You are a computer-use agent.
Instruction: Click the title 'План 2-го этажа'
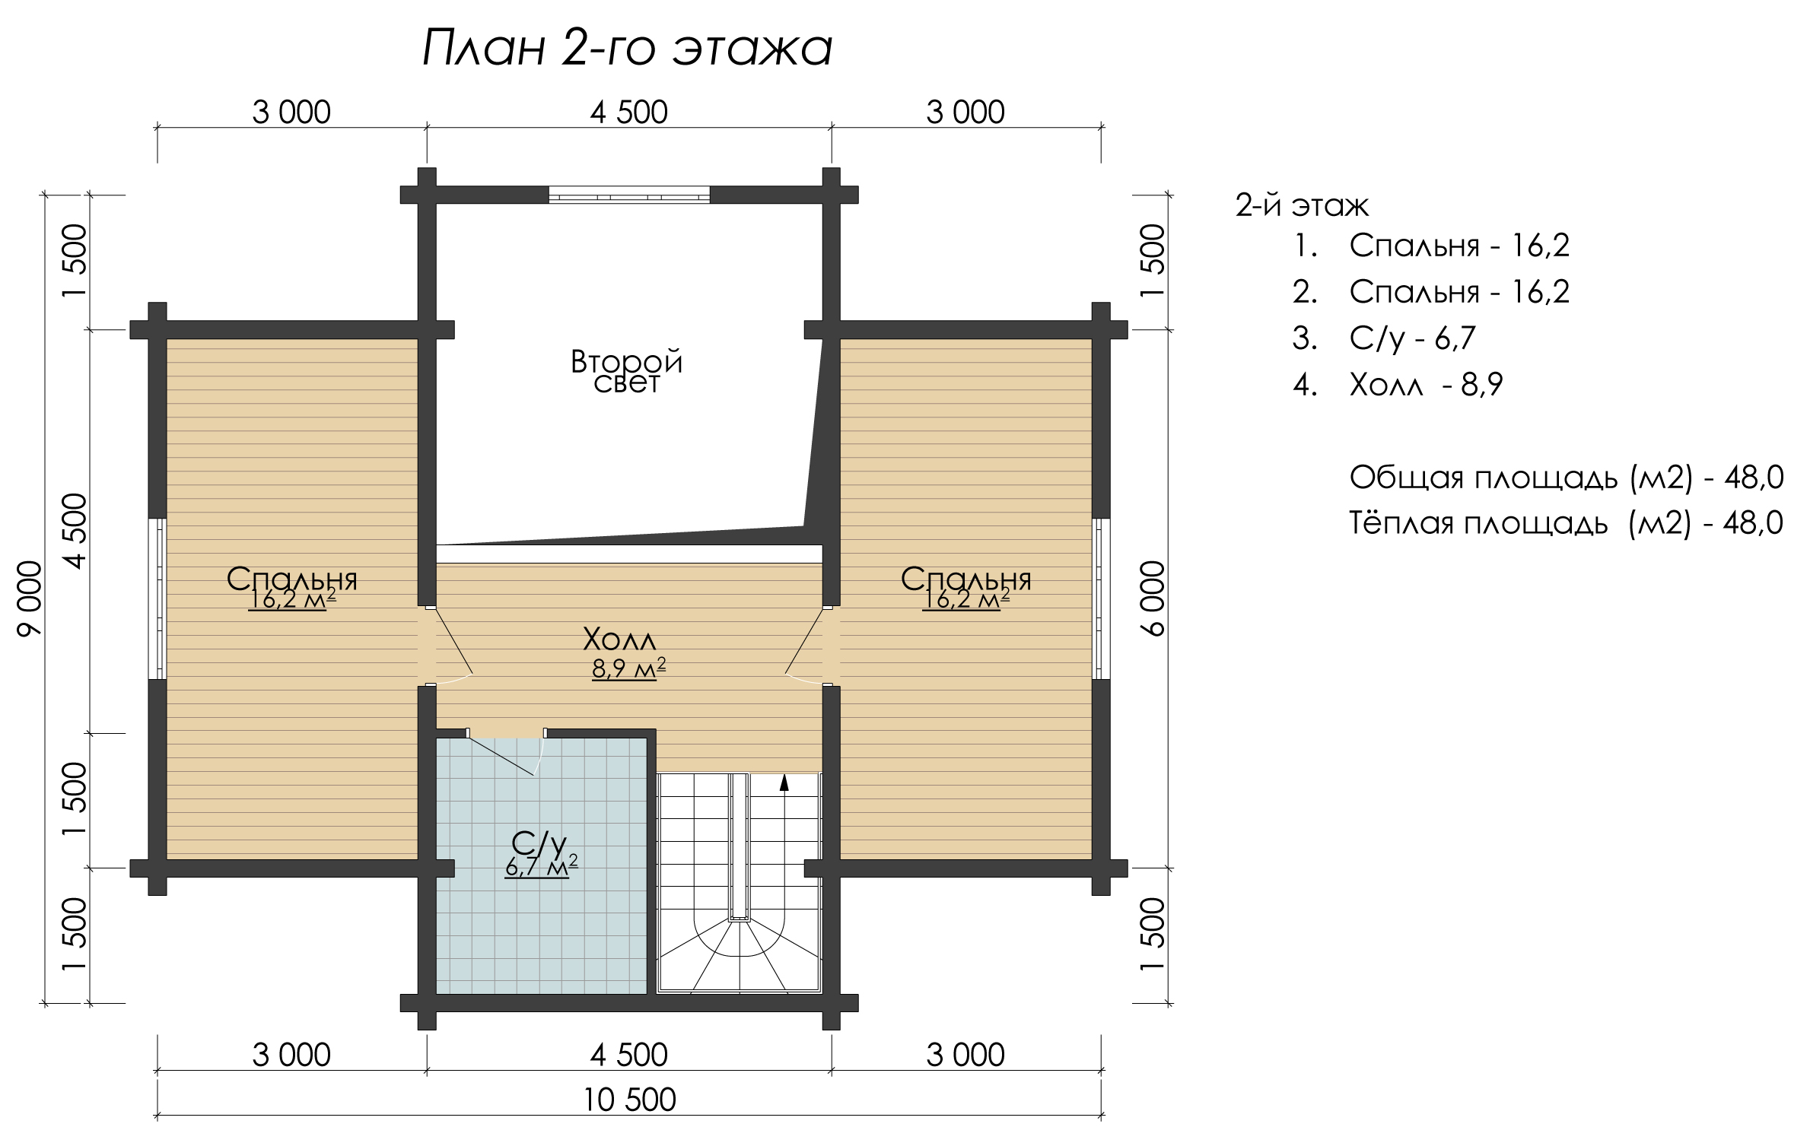click(x=628, y=49)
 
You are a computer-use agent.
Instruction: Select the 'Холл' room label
click(x=619, y=640)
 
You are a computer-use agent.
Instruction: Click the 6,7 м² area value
click(x=541, y=866)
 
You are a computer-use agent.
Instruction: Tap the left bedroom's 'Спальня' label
click(x=292, y=579)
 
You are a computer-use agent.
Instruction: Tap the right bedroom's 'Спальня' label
click(x=966, y=579)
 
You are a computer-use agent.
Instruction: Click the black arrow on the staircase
click(x=784, y=783)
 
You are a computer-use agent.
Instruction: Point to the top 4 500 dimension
click(x=629, y=113)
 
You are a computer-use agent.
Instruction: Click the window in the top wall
click(x=629, y=195)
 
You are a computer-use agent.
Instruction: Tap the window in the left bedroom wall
click(x=157, y=598)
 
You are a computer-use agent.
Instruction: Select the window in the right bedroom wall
click(x=1101, y=598)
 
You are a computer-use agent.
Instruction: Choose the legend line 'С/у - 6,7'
click(x=1383, y=338)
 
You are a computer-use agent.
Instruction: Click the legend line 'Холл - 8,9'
click(x=1398, y=386)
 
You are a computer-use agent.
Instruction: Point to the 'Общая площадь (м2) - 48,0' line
click(x=1567, y=478)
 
